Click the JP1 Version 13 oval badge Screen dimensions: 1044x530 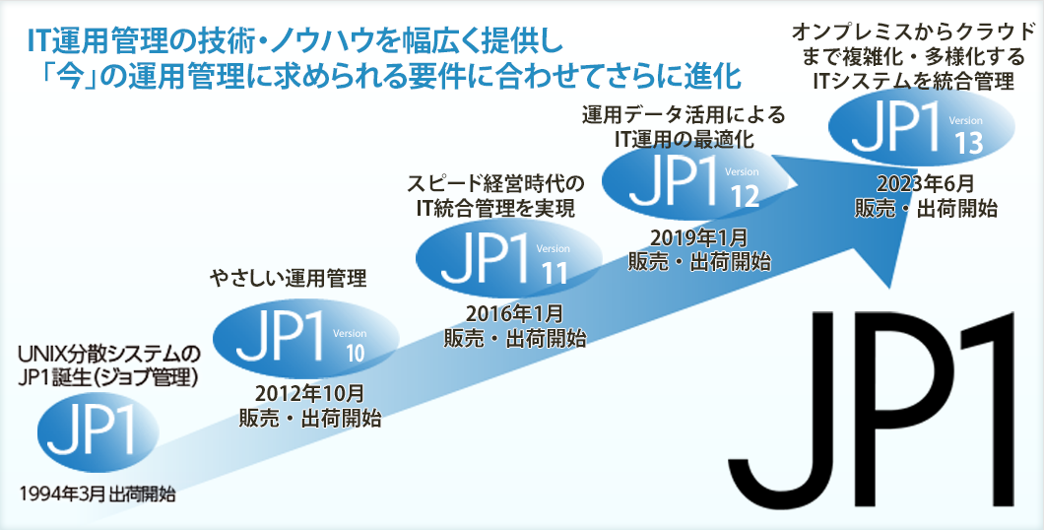point(922,126)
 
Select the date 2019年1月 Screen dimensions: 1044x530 point(699,236)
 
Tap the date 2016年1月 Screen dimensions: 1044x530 point(514,312)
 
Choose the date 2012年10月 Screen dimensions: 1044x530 point(309,394)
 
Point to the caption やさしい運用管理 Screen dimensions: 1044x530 point(289,280)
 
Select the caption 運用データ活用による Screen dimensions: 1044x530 point(684,115)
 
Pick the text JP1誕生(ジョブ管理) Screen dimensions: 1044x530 point(109,377)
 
